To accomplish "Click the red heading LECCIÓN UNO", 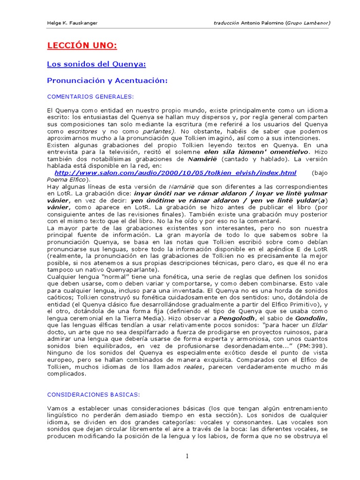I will pos(82,46).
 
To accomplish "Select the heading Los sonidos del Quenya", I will pos(97,64).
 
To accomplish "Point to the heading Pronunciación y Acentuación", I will pos(107,81).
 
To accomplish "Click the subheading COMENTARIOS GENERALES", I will pos(90,97).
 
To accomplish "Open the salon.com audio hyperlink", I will pos(175,173).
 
